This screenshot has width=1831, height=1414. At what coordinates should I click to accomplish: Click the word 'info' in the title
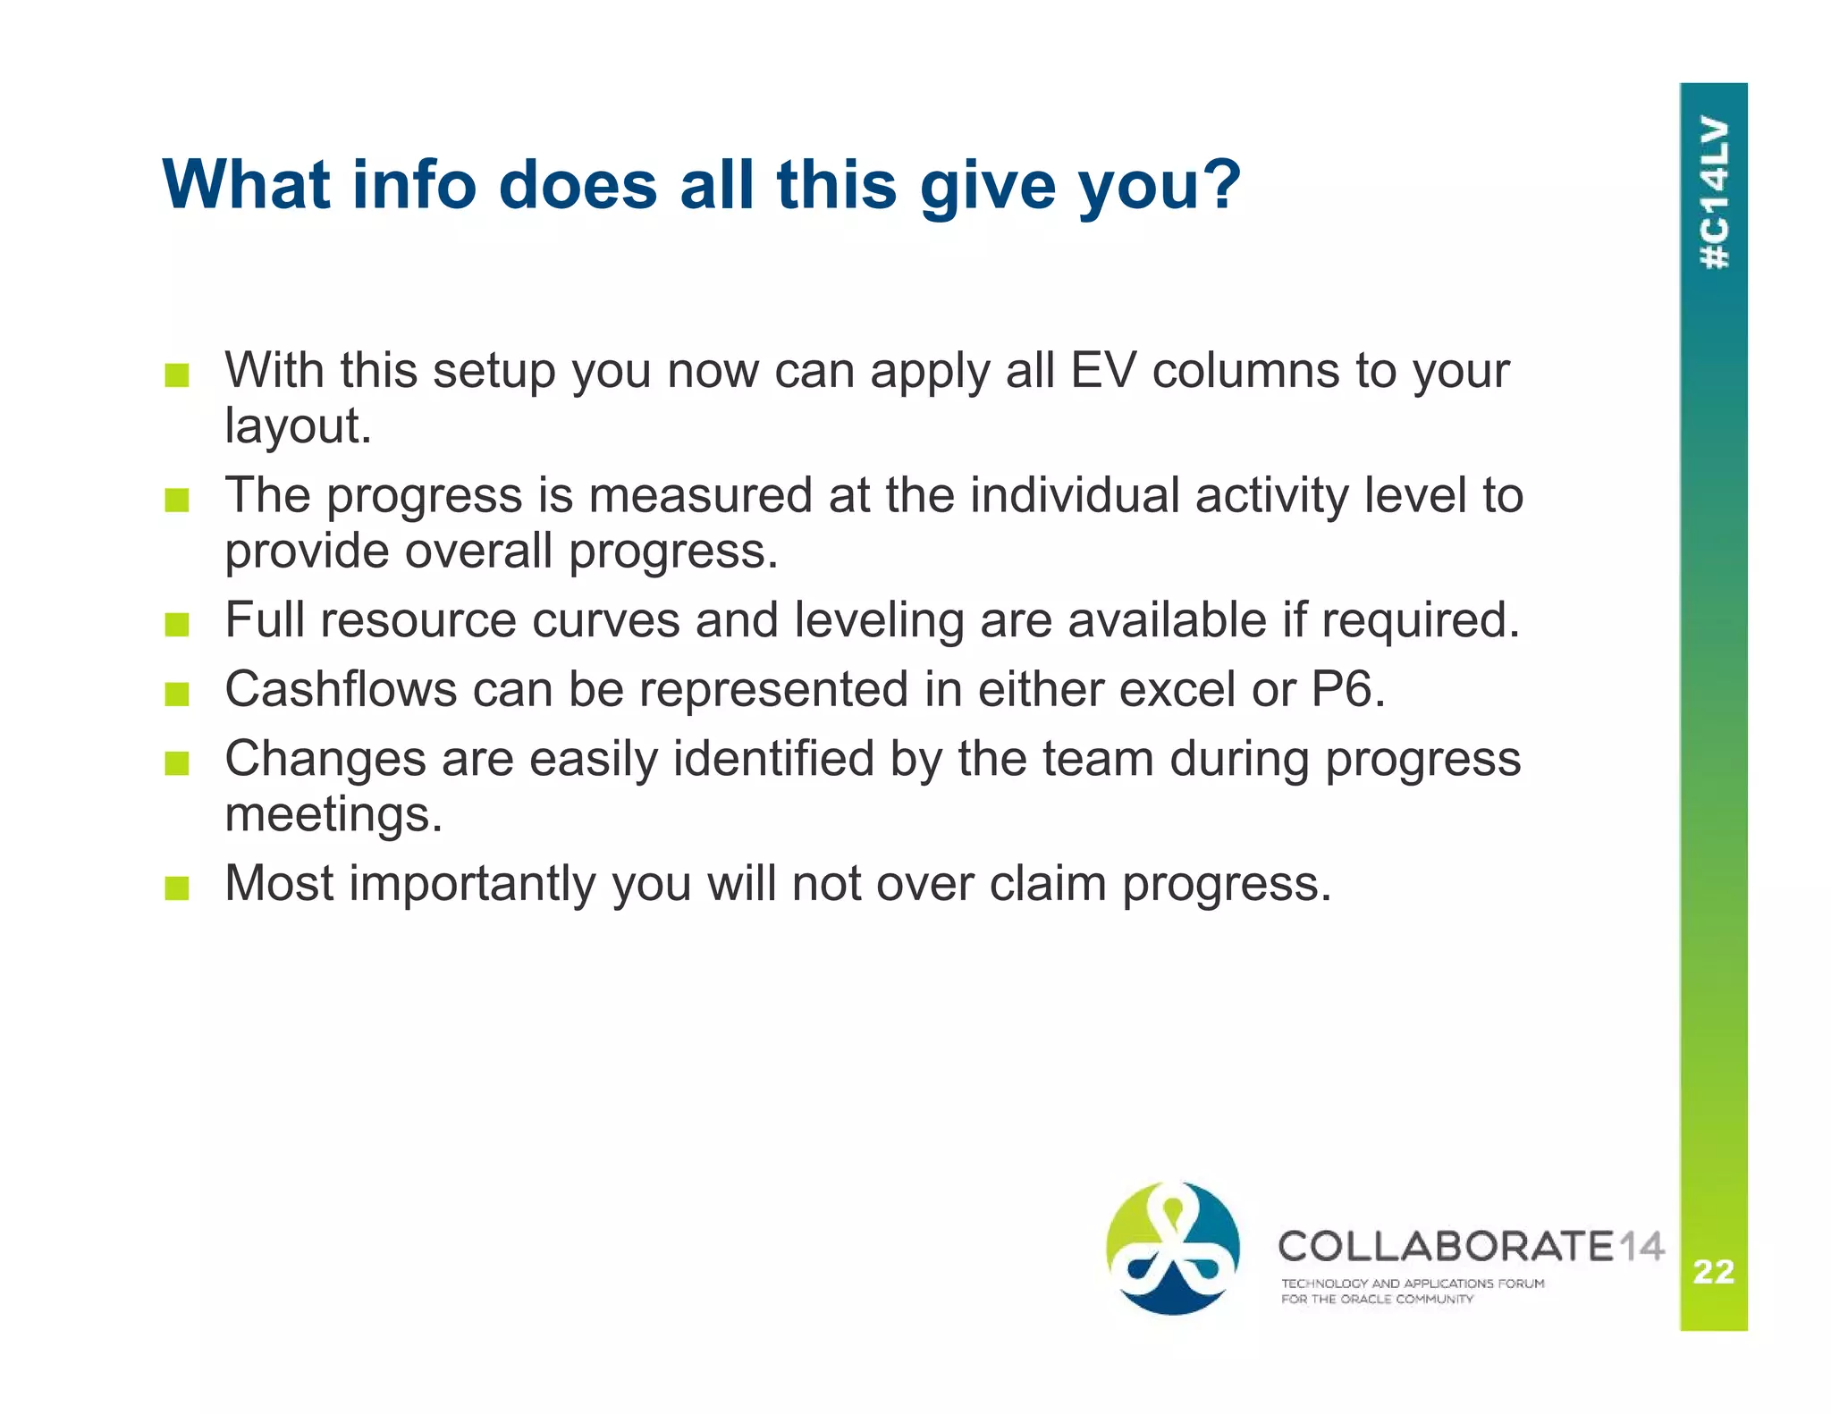click(x=414, y=185)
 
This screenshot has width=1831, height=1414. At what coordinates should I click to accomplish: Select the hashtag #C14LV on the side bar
click(x=1714, y=193)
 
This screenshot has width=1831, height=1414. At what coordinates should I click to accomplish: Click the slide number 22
click(x=1713, y=1271)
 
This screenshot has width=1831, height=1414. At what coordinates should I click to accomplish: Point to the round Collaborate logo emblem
click(x=1172, y=1248)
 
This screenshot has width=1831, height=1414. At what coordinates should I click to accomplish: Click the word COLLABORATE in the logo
click(x=1446, y=1246)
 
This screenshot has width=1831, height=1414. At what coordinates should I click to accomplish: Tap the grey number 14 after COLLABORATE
click(x=1641, y=1246)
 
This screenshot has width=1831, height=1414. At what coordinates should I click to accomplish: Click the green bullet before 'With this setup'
click(x=177, y=375)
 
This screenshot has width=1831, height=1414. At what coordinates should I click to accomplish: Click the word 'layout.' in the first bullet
click(x=298, y=425)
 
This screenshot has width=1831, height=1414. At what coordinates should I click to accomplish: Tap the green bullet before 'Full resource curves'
click(x=177, y=624)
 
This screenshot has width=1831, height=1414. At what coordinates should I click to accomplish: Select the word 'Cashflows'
click(x=340, y=689)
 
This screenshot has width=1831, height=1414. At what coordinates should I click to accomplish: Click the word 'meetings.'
click(x=333, y=814)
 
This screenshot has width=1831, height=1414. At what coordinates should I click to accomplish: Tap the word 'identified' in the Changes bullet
click(x=772, y=759)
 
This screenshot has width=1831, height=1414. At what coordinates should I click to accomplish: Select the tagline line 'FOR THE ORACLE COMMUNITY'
click(x=1377, y=1300)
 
